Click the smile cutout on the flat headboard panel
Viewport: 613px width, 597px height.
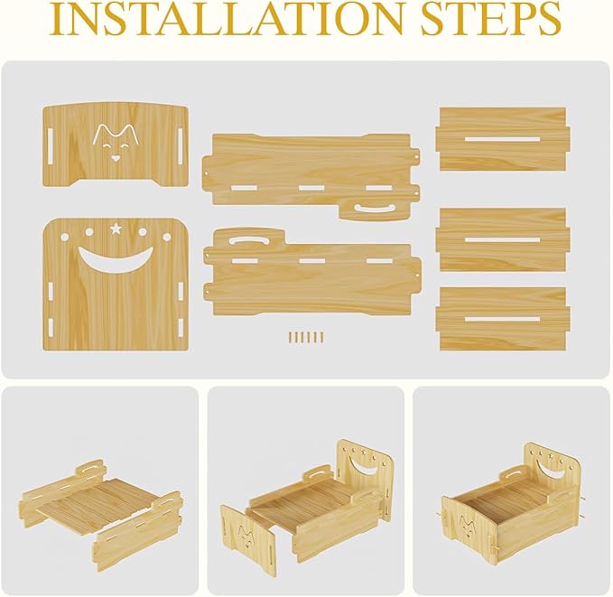[115, 262]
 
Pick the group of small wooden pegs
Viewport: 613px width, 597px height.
[306, 337]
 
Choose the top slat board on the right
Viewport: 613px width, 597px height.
[501, 139]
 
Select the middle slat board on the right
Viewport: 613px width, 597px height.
[501, 240]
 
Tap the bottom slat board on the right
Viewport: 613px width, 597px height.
[501, 318]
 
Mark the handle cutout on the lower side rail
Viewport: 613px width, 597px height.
[249, 242]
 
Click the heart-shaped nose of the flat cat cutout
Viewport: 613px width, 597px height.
[115, 157]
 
